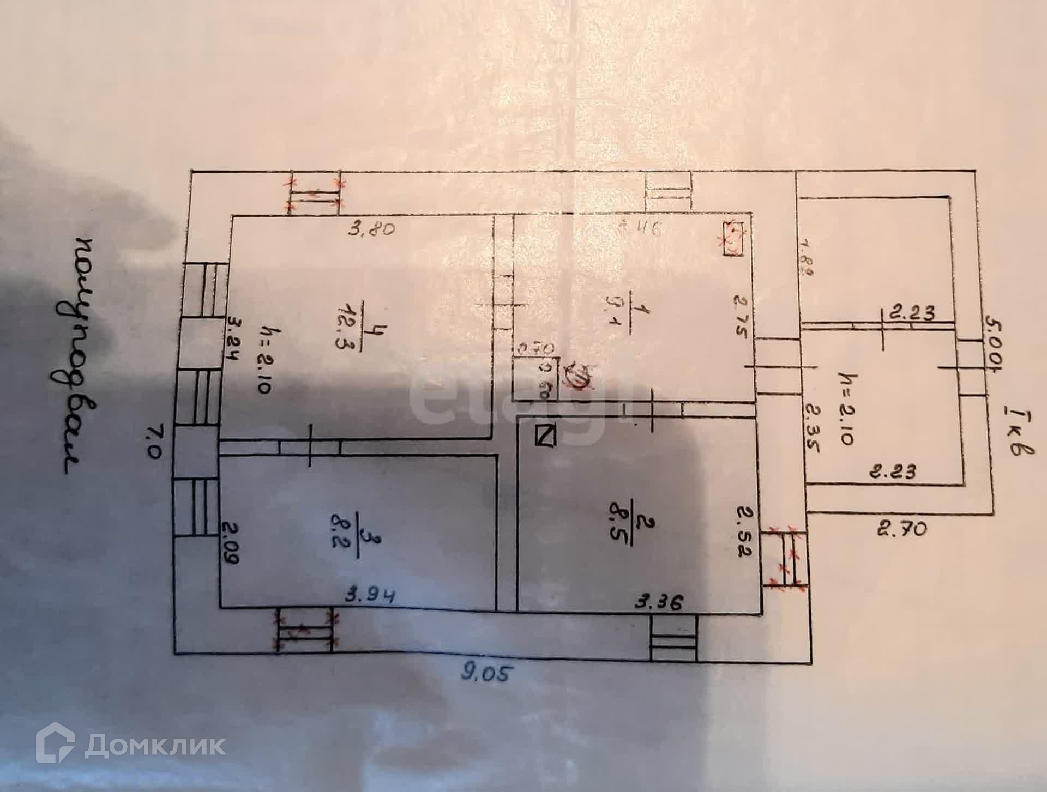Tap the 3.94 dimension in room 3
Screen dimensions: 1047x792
[370, 596]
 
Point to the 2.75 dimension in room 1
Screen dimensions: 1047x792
[739, 316]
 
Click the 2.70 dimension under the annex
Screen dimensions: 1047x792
[902, 528]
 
